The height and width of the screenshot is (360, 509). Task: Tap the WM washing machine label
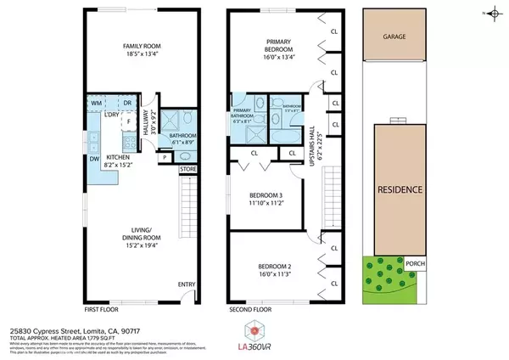click(x=97, y=104)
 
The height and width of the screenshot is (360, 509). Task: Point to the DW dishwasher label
click(x=92, y=157)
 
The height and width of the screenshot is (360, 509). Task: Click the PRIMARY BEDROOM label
click(x=278, y=46)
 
